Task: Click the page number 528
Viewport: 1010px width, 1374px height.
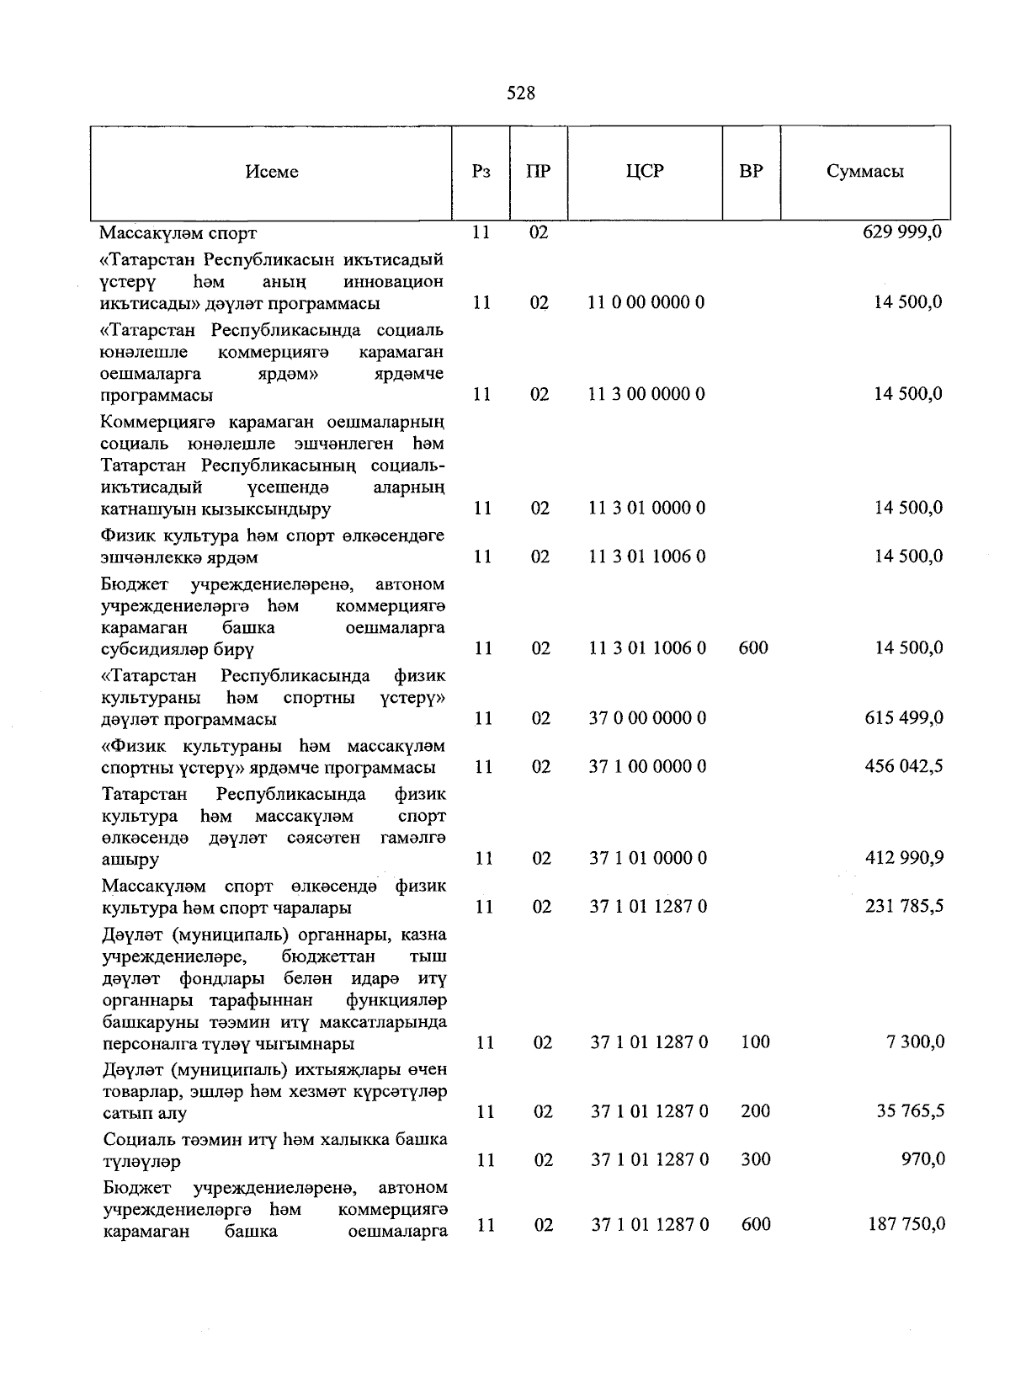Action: (521, 93)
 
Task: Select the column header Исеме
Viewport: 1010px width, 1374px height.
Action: (272, 172)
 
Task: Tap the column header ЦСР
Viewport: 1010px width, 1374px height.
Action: (645, 172)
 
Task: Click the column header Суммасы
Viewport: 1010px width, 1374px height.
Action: (864, 172)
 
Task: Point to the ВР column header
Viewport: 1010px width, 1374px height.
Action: (751, 172)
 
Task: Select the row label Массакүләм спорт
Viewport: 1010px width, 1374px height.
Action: (178, 233)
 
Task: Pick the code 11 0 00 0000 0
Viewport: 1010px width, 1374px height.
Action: (646, 303)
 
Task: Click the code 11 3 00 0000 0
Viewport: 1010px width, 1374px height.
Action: (646, 394)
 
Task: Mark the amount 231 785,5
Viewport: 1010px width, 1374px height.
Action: (904, 907)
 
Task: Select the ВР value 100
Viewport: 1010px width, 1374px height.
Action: (755, 1042)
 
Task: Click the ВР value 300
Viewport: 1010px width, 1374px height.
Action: (755, 1160)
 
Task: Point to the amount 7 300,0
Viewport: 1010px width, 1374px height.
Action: (915, 1042)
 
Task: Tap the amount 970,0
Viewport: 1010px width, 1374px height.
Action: (922, 1160)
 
